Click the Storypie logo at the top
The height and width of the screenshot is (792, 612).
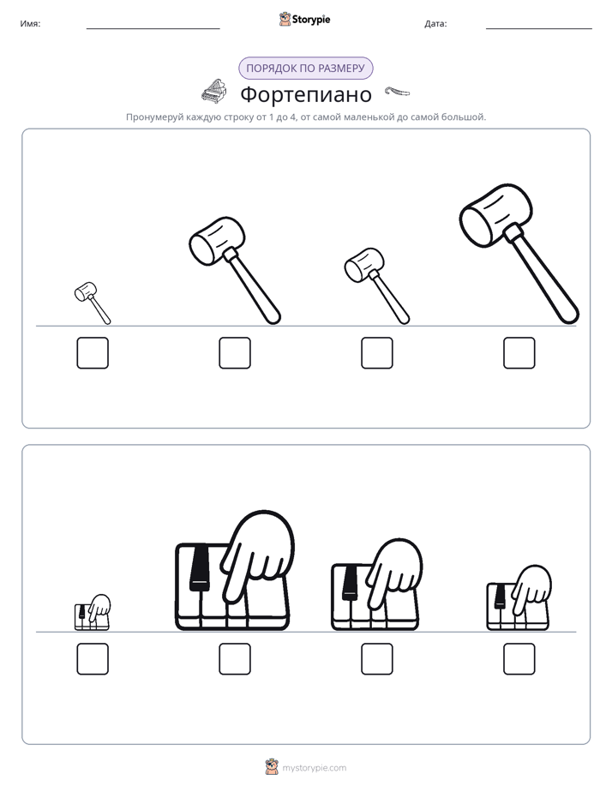coord(304,20)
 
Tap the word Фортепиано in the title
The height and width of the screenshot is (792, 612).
coord(306,94)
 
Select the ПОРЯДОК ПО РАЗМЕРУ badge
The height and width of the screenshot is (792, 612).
coord(305,69)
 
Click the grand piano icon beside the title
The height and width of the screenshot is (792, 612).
coord(213,91)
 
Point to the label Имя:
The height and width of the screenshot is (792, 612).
coord(30,24)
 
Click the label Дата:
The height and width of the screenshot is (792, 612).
coord(435,24)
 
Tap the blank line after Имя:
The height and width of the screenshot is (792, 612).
coord(153,29)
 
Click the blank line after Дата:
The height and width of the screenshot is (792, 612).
coord(539,29)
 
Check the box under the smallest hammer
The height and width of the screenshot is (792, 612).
coord(93,353)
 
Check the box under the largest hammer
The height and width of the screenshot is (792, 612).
coord(519,353)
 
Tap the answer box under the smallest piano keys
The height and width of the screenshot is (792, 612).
coord(93,658)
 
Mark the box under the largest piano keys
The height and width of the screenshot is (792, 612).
coord(235,658)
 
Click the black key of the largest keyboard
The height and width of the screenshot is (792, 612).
coord(200,567)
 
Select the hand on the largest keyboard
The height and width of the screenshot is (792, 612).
coord(257,553)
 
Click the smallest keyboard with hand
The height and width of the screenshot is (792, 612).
coord(93,613)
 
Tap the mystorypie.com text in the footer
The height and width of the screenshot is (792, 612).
coord(314,768)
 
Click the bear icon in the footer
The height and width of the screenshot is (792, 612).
coord(272,767)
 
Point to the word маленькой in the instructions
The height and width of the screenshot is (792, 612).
coord(363,117)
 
